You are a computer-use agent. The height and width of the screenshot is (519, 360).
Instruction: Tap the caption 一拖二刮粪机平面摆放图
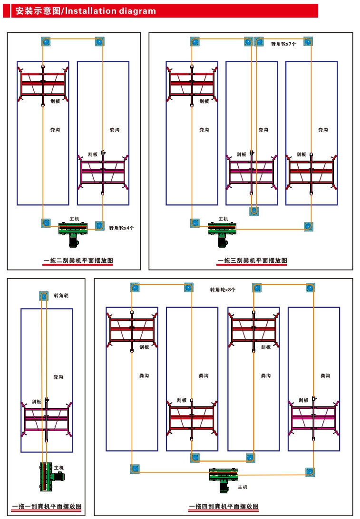coord(78,260)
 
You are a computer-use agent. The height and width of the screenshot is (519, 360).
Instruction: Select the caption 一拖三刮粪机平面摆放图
coord(252,260)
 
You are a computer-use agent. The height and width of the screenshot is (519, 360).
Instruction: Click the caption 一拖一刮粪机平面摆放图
coord(47,506)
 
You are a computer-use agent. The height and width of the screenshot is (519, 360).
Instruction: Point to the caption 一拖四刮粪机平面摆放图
coord(224,506)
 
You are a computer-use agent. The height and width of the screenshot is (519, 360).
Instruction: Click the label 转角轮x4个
coord(122,228)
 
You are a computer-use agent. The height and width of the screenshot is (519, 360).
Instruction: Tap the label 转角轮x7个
coord(283,44)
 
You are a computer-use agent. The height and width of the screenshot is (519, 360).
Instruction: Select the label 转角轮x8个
coord(223,289)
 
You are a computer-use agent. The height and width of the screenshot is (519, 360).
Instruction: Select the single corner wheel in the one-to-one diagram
coord(44,296)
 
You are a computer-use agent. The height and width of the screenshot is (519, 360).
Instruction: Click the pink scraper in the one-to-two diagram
coord(103,172)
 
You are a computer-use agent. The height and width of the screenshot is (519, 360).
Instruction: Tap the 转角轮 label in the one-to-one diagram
coord(61,296)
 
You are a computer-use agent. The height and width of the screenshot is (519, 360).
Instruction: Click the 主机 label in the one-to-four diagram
coord(243,487)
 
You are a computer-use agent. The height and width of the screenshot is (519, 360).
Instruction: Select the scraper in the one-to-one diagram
coord(47,419)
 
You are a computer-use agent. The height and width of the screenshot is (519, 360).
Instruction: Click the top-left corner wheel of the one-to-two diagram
coord(46,42)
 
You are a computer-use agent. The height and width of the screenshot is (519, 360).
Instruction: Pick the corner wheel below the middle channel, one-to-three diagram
coord(254,211)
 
